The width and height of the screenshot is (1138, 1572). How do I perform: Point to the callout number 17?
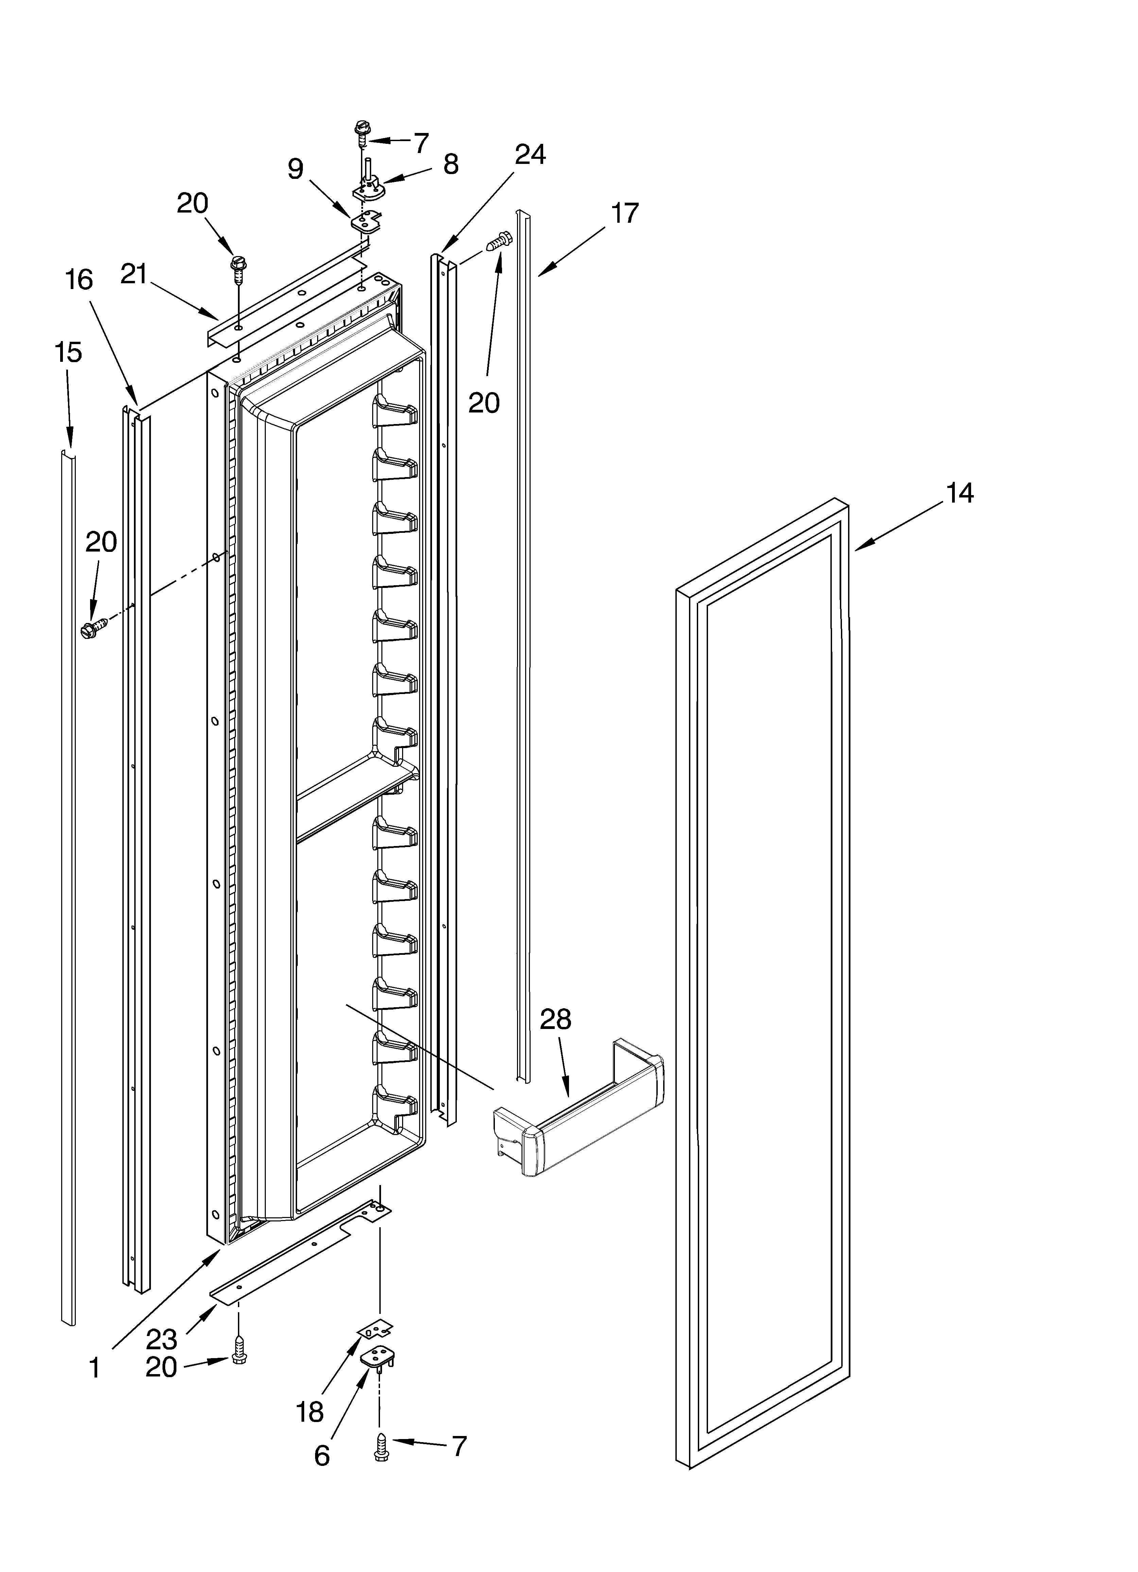[624, 214]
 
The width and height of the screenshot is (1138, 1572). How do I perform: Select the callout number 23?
[161, 1340]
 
